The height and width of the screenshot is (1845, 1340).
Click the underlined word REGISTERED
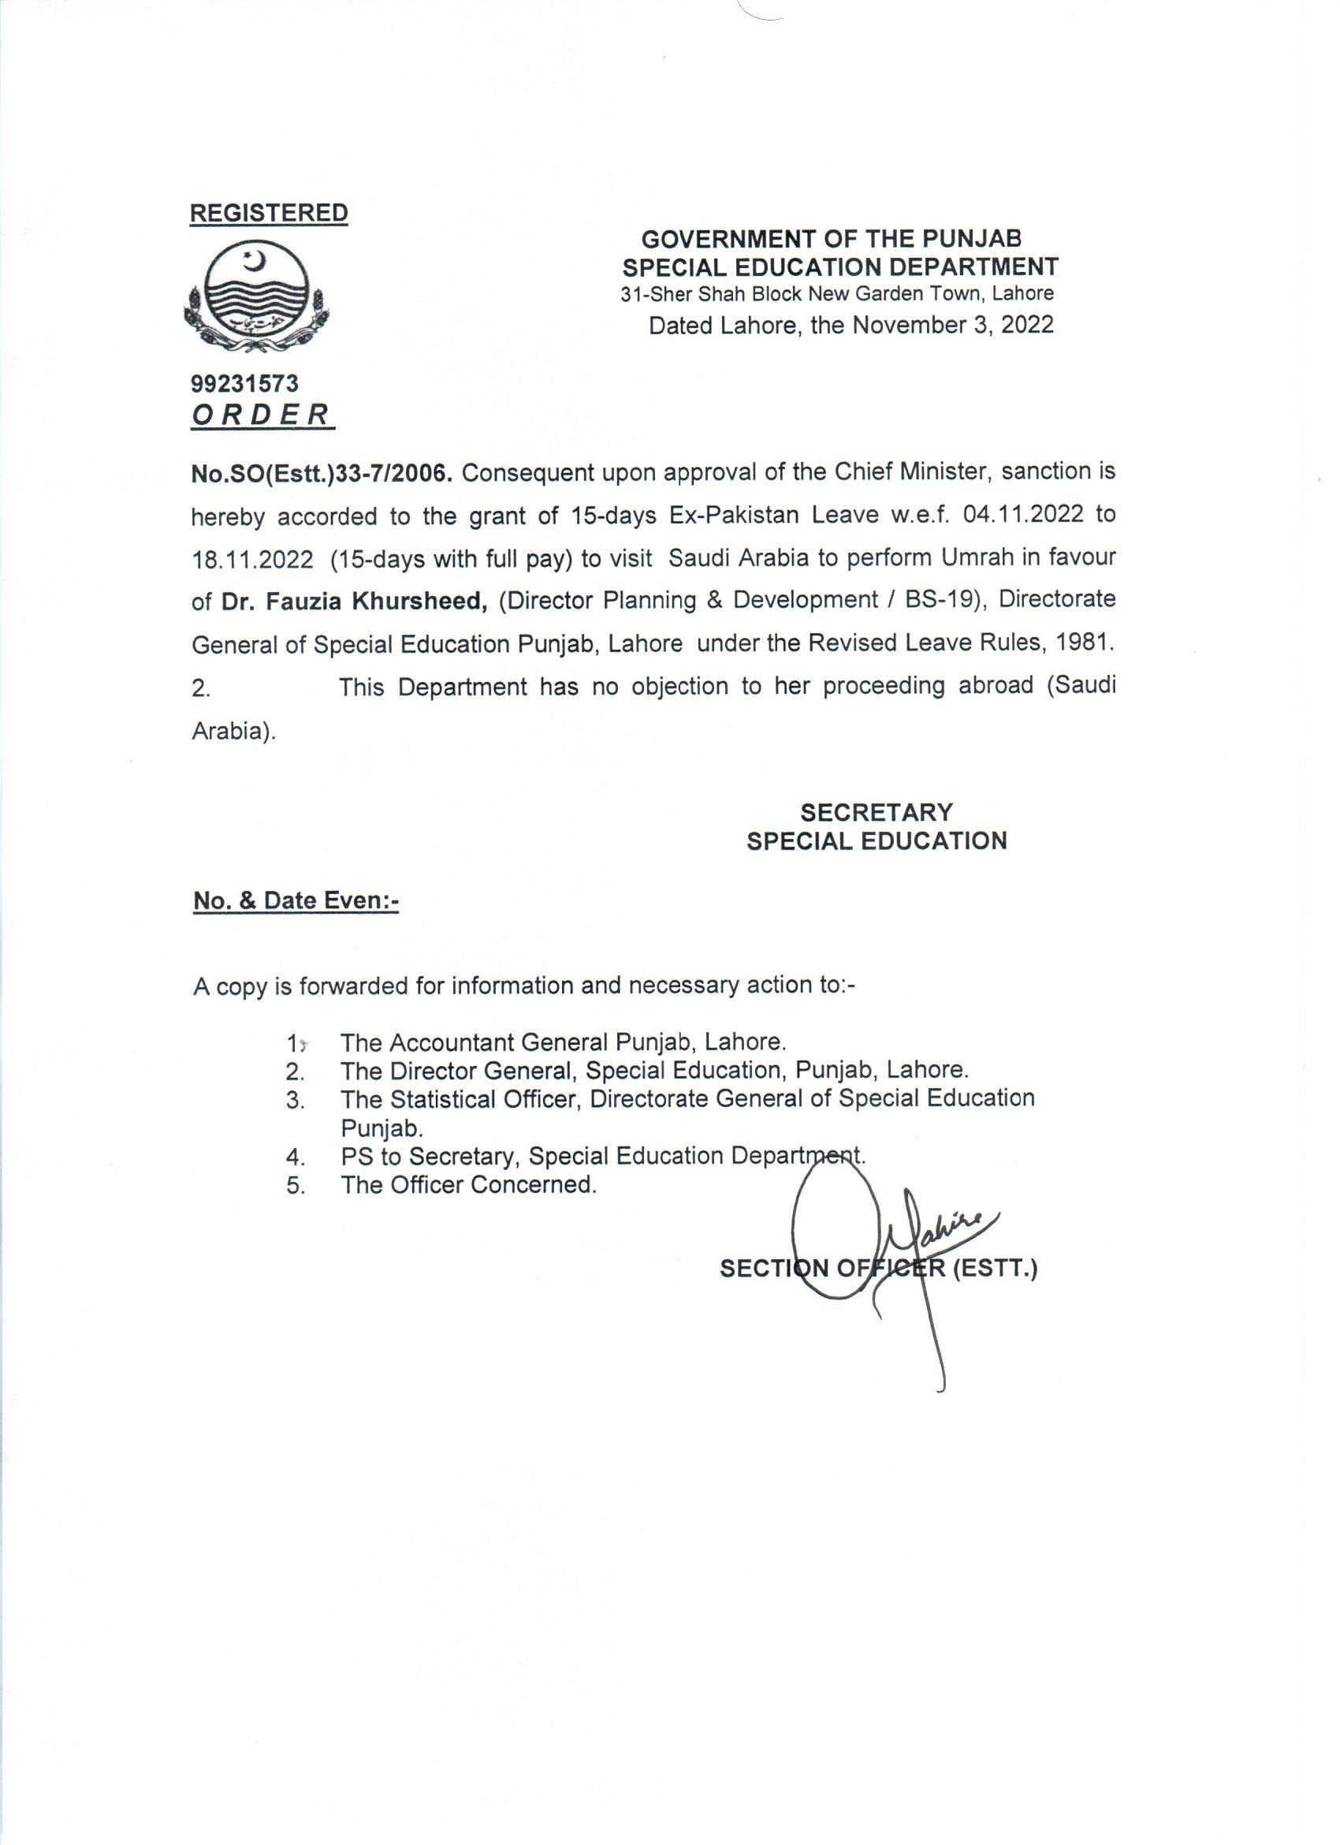point(268,213)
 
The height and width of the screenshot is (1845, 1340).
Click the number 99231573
point(244,383)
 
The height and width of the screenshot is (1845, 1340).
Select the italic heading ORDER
point(261,415)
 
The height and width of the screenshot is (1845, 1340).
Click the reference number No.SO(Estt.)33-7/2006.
point(321,472)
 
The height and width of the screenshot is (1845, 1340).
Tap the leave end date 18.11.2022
point(253,559)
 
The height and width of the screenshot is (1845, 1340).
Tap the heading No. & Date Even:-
point(295,901)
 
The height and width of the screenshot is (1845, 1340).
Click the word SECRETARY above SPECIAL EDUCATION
point(876,812)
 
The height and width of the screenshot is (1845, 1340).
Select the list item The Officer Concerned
point(468,1184)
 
